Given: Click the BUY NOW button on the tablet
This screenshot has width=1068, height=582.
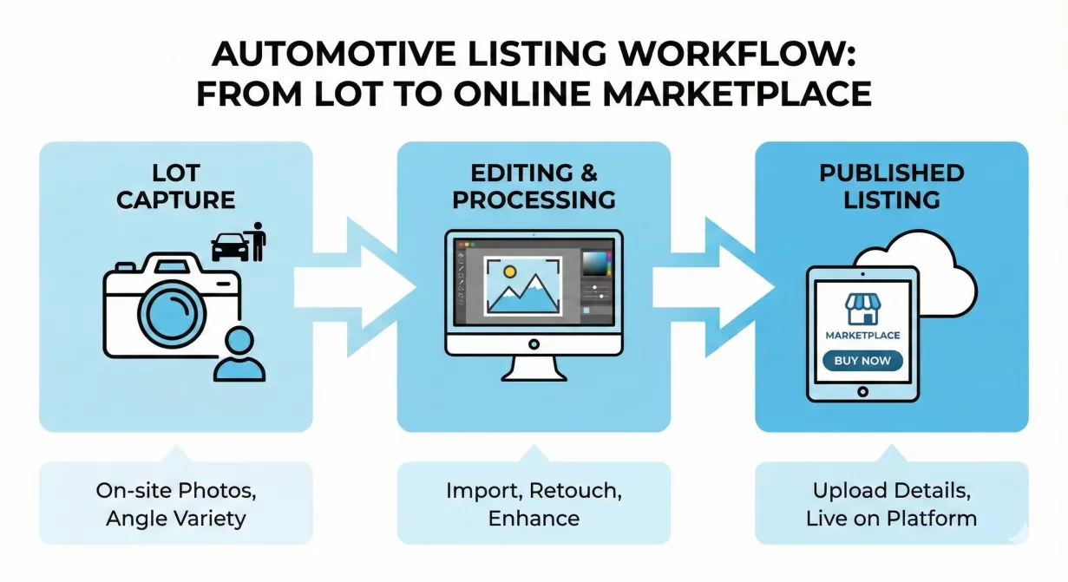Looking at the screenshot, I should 862,361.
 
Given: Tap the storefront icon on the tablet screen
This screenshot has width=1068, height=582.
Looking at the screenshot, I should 862,310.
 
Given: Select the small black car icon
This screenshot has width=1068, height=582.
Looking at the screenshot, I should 228,247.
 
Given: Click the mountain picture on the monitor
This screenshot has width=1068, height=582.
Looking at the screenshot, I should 522,285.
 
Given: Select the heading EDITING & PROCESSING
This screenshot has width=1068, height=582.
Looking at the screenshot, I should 534,186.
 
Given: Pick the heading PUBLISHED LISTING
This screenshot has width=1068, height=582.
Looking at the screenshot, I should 891,186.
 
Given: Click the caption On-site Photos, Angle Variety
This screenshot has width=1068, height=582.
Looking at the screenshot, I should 175,505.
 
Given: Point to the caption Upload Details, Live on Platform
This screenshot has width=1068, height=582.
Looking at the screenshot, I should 891,505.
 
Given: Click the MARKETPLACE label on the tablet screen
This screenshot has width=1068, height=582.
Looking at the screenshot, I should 862,335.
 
